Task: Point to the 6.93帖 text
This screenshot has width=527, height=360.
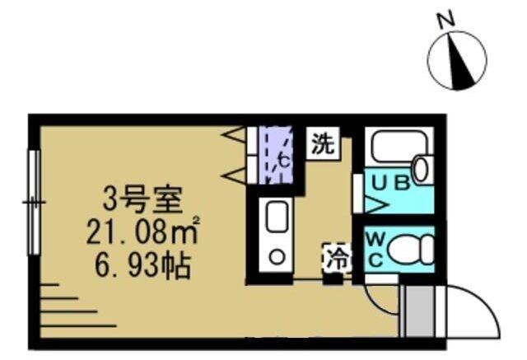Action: tap(140, 266)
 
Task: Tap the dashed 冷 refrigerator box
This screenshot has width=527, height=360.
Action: tap(336, 257)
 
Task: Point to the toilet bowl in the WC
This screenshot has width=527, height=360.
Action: tap(408, 249)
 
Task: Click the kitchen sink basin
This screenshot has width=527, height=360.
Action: tap(276, 217)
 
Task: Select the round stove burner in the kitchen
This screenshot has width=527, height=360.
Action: tap(276, 258)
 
